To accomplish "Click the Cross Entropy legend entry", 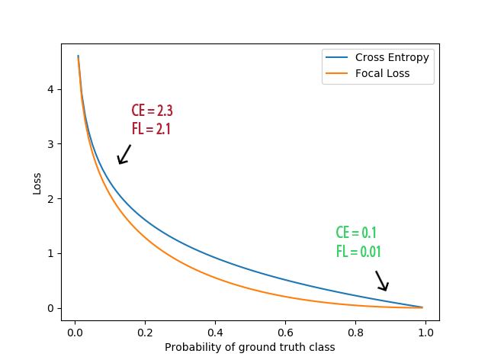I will (x=392, y=57).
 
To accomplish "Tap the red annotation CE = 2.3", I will (x=152, y=111).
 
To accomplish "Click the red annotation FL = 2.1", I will (x=151, y=129).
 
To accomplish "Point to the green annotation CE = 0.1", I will (x=356, y=233).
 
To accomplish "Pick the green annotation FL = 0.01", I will (x=358, y=252).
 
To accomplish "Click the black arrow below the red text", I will (x=124, y=154).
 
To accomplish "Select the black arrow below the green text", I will (x=382, y=281).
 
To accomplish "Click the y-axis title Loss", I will (x=37, y=183).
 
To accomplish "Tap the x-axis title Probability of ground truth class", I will (x=250, y=347).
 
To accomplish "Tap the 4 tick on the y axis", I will (x=52, y=89).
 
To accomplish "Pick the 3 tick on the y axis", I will (x=52, y=144).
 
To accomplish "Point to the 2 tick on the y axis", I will (x=52, y=199).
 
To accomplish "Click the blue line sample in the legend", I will (x=337, y=57).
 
